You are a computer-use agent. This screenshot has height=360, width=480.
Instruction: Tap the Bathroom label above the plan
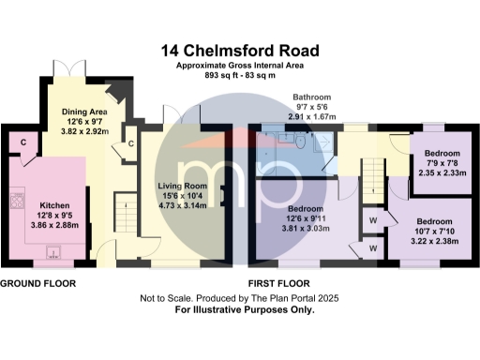click(x=311, y=97)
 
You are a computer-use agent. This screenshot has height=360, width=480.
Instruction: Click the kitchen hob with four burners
click(x=16, y=201)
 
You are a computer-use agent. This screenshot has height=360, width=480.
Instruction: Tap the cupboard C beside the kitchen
click(x=22, y=141)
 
